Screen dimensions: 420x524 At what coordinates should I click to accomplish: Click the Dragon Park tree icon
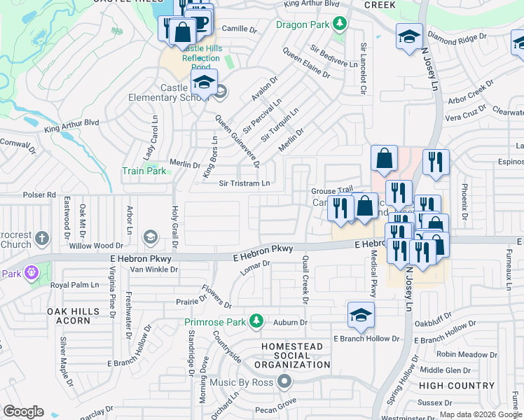pyautogui.click(x=340, y=24)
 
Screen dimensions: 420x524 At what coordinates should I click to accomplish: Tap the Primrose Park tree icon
pyautogui.click(x=257, y=321)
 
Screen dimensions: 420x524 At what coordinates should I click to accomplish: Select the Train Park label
pyautogui.click(x=144, y=171)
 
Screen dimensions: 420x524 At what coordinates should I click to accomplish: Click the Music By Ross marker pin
pyautogui.click(x=284, y=381)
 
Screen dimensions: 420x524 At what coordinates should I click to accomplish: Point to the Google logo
pyautogui.click(x=23, y=412)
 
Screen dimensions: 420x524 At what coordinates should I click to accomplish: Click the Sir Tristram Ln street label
pyautogui.click(x=244, y=183)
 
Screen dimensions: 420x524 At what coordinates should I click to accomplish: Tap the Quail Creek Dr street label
pyautogui.click(x=305, y=279)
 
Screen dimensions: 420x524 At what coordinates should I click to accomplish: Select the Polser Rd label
pyautogui.click(x=39, y=195)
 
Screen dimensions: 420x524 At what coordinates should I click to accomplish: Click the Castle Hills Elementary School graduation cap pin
pyautogui.click(x=204, y=82)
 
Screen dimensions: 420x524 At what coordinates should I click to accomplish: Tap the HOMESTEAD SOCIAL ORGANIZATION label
pyautogui.click(x=291, y=356)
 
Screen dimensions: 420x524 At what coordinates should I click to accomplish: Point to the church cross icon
pyautogui.click(x=43, y=238)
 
